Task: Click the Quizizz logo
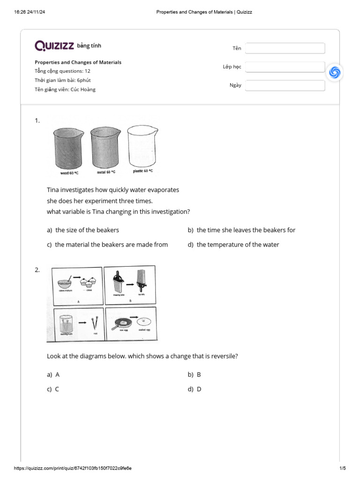point(54,45)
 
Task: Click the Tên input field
point(285,48)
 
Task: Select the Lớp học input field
point(285,67)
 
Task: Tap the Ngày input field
point(285,85)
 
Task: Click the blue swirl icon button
point(335,72)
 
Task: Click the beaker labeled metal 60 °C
point(105,147)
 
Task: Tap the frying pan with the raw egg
point(122,323)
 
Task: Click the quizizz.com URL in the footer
point(73,468)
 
